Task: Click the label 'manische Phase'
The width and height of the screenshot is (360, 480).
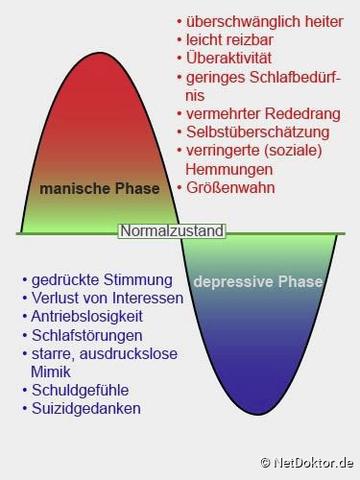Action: coord(99,188)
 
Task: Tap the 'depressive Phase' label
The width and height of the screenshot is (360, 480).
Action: coord(258,282)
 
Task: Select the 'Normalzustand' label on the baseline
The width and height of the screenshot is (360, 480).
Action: coord(173,231)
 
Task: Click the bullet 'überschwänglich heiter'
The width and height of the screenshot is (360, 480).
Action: coord(265,20)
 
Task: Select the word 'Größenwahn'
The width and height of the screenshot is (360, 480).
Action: coord(230,187)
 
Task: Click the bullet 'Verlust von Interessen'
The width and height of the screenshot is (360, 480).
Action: coord(107,298)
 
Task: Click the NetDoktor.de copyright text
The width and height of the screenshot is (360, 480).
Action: coord(309,463)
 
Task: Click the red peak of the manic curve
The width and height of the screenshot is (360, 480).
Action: coord(97,70)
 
